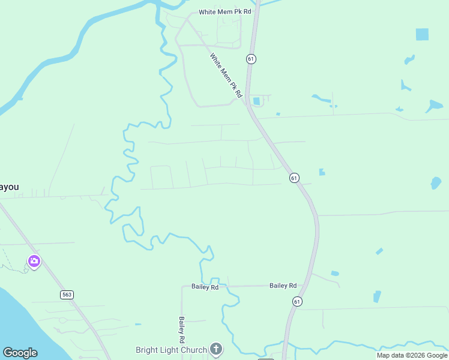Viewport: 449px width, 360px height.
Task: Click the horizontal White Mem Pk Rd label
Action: coord(226,12)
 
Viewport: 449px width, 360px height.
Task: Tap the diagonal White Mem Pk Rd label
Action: coord(226,76)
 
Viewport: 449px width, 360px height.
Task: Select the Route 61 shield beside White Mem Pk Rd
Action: coord(251,58)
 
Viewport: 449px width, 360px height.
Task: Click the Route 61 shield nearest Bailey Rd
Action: coord(297,301)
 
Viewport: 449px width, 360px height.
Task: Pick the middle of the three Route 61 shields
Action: coord(294,178)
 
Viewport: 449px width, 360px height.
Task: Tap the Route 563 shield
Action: coord(67,294)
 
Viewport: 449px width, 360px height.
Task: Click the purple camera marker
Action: coord(34,261)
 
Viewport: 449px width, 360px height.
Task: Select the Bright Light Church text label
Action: coord(171,350)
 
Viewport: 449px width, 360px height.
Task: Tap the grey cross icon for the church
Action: coord(216,349)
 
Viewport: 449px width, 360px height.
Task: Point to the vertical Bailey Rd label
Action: coord(181,330)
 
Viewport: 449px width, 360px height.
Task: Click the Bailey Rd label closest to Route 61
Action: coord(283,286)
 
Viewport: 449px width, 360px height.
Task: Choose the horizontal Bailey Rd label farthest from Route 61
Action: coord(205,287)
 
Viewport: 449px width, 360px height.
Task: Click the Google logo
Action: coord(20,353)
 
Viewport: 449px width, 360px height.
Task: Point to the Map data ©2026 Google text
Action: coord(412,355)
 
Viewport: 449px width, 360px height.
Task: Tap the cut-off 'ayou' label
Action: coord(9,187)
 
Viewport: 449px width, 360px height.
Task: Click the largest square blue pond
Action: coord(423,34)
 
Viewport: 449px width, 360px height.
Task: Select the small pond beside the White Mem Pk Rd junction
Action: coord(257,101)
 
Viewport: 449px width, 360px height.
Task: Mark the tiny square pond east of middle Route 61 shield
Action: coord(322,172)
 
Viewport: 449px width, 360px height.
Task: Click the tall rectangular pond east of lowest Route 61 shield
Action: coord(376,296)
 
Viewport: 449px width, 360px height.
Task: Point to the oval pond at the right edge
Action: coord(436,182)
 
